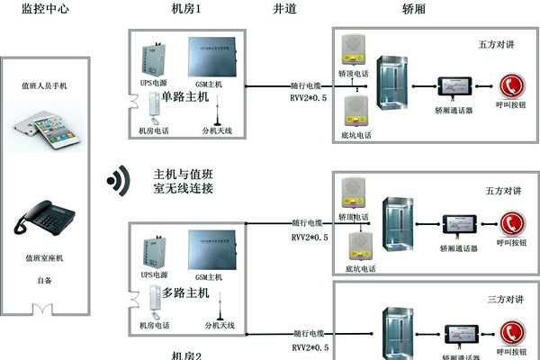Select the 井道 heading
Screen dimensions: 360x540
(x=285, y=9)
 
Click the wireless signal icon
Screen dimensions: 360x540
(x=117, y=179)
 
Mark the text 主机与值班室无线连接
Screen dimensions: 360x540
(x=184, y=181)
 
